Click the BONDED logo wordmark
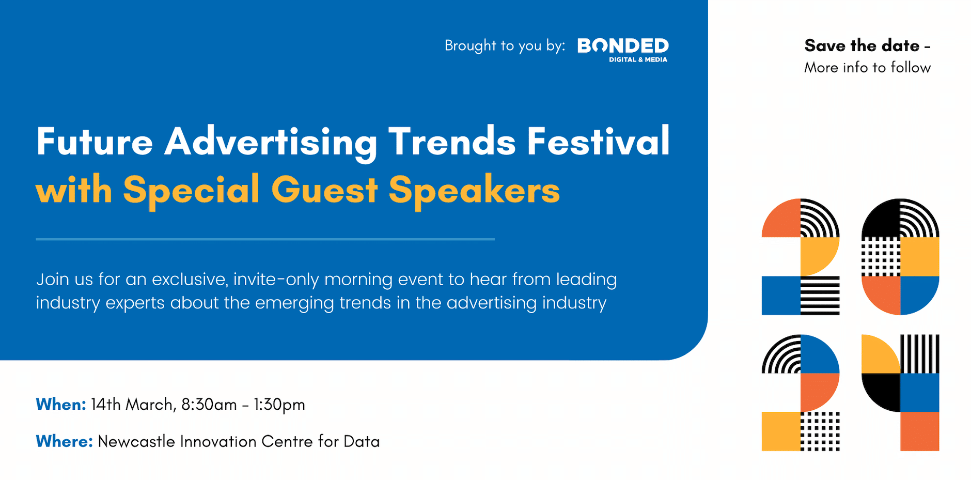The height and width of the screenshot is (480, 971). click(623, 45)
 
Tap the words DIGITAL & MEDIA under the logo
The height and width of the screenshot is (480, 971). click(638, 60)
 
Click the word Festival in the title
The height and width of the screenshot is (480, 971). click(598, 142)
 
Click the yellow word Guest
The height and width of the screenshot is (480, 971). click(324, 190)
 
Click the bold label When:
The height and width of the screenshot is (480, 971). click(60, 405)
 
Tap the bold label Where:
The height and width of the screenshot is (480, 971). click(64, 442)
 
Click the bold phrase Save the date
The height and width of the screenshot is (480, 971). click(862, 45)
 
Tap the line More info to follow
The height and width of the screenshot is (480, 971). click(867, 68)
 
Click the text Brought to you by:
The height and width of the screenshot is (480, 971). click(505, 46)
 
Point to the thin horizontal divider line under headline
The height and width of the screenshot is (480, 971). click(265, 239)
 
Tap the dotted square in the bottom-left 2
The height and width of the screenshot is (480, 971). click(820, 431)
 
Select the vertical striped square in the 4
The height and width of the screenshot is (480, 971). click(919, 354)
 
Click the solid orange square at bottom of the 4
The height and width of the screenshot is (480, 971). click(919, 431)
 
